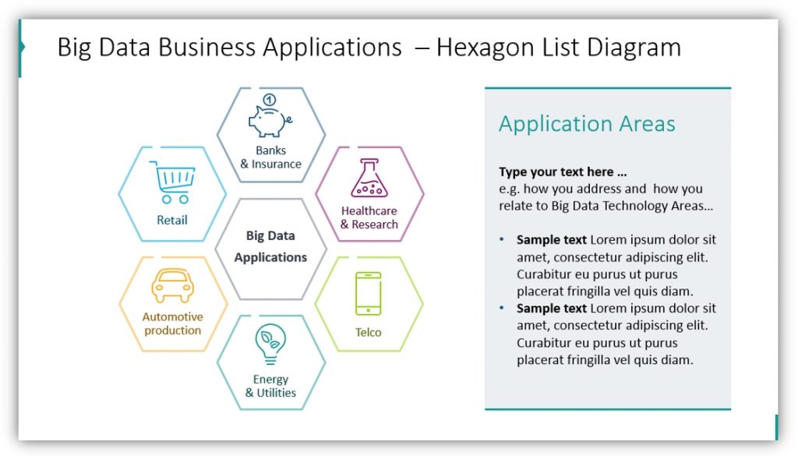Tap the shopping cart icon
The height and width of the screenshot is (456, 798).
[x=172, y=182]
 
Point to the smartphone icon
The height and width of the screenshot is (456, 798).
[x=368, y=293]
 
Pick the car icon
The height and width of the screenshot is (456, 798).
[x=172, y=286]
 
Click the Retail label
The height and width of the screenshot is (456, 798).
[x=172, y=221]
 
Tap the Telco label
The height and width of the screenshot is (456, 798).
[x=369, y=333]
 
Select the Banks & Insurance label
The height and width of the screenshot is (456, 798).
[x=270, y=157]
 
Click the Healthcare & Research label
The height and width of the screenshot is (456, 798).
[x=369, y=217]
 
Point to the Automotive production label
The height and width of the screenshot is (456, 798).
[x=172, y=323]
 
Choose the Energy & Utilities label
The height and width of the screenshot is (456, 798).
[x=270, y=386]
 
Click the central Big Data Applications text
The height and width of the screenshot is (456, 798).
[x=270, y=246]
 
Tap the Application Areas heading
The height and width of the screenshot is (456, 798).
[x=587, y=124]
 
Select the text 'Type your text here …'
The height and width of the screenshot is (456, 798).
[x=563, y=172]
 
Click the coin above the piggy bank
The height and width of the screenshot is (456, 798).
[x=270, y=100]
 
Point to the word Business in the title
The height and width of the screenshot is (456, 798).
[x=206, y=48]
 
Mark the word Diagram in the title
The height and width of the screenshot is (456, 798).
[x=633, y=48]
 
